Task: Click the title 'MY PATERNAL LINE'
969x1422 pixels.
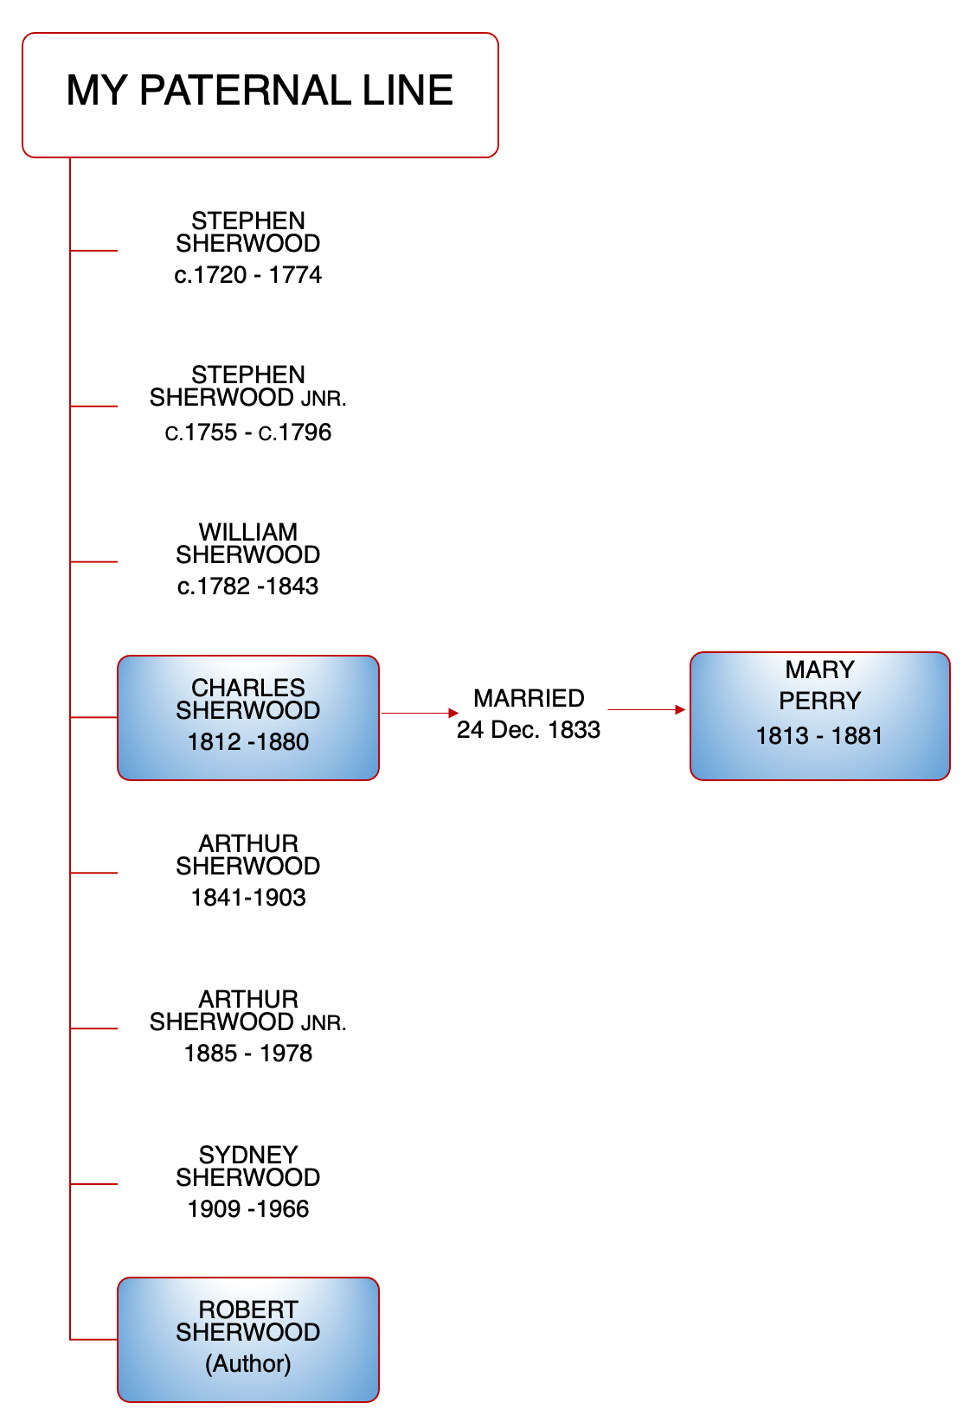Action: [x=260, y=91]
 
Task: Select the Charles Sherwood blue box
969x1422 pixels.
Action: [x=248, y=717]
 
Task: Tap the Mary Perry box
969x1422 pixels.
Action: [x=819, y=715]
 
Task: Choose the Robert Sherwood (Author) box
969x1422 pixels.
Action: [x=248, y=1339]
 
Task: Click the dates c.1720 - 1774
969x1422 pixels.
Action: [x=248, y=275]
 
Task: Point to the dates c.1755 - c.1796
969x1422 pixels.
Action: [x=248, y=432]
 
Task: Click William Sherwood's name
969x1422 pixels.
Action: [x=248, y=543]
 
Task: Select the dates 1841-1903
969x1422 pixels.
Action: [x=248, y=898]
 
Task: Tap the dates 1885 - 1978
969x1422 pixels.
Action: [x=248, y=1054]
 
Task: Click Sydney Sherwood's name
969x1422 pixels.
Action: [x=248, y=1166]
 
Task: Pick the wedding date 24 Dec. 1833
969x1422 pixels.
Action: [x=529, y=730]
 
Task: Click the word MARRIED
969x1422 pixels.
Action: [x=529, y=698]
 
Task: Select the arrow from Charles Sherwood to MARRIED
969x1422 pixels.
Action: [x=420, y=713]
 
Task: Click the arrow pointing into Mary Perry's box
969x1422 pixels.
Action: [x=646, y=709]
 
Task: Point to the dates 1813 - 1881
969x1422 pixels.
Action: [x=819, y=736]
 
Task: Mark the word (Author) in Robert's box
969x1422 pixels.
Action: [x=248, y=1364]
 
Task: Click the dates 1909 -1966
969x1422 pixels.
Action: [x=248, y=1209]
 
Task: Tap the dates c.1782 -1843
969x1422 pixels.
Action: [x=248, y=586]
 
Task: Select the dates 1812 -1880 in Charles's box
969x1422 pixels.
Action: [x=248, y=742]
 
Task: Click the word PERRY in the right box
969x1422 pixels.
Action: [x=819, y=701]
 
